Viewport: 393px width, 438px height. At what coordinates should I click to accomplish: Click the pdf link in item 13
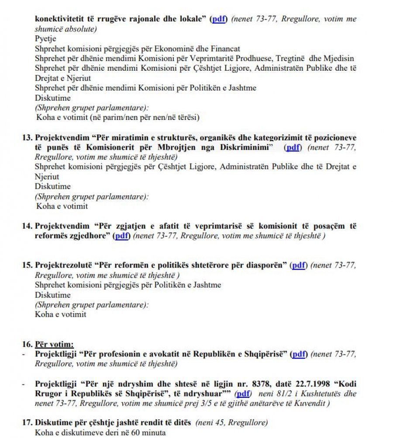[293, 147]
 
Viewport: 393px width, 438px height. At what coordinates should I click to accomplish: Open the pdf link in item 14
[122, 236]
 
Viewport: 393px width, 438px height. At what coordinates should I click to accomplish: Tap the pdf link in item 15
[299, 265]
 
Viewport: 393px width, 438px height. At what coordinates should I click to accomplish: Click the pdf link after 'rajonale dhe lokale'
[219, 20]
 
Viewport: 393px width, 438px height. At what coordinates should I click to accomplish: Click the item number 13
[27, 137]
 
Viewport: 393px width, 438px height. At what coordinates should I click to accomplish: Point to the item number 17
[27, 423]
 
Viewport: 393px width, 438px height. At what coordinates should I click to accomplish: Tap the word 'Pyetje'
[45, 39]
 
